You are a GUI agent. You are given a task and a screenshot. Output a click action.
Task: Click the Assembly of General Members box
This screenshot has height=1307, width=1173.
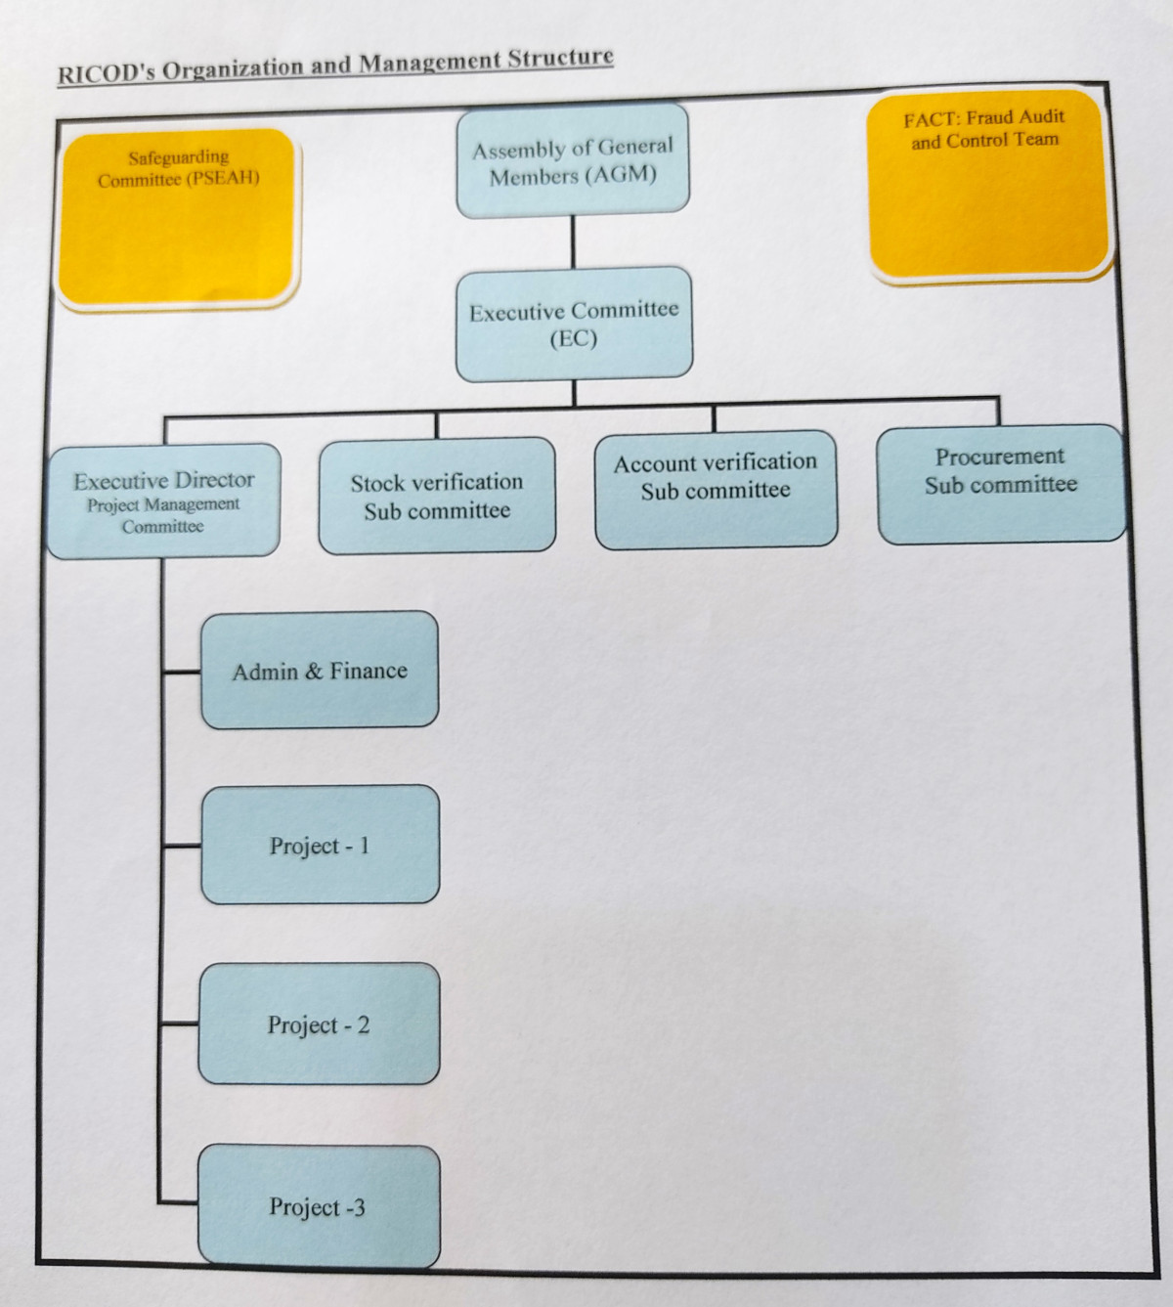[x=573, y=161]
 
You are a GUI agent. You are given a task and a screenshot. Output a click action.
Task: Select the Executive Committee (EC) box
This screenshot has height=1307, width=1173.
[x=574, y=325]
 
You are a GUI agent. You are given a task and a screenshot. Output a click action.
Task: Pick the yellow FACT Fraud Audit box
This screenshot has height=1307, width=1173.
[x=987, y=186]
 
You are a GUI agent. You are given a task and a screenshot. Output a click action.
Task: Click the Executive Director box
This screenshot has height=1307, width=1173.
[x=163, y=501]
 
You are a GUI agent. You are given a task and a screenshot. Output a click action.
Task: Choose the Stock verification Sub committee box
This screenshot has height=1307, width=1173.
[x=437, y=496]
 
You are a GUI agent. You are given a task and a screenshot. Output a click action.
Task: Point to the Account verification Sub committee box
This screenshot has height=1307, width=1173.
[x=716, y=489]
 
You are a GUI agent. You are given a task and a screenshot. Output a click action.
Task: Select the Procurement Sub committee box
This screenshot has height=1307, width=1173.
[x=1001, y=484]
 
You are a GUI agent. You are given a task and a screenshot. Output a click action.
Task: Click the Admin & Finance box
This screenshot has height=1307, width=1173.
[x=320, y=671]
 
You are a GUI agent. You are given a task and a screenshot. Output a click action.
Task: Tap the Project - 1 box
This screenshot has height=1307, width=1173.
[x=320, y=845]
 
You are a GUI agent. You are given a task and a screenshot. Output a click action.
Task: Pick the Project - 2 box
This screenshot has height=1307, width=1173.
[x=319, y=1024]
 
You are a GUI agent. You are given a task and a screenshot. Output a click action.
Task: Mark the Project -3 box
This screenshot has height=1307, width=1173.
[x=318, y=1206]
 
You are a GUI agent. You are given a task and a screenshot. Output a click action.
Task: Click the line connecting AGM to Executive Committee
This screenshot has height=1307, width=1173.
[x=573, y=241]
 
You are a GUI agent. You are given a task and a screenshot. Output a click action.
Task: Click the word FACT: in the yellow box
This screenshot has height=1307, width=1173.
[x=933, y=119]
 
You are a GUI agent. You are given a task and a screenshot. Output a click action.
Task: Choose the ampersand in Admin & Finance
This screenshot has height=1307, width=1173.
[x=313, y=671]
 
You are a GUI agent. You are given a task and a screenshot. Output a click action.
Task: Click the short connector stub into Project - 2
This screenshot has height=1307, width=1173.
[x=180, y=1024]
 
